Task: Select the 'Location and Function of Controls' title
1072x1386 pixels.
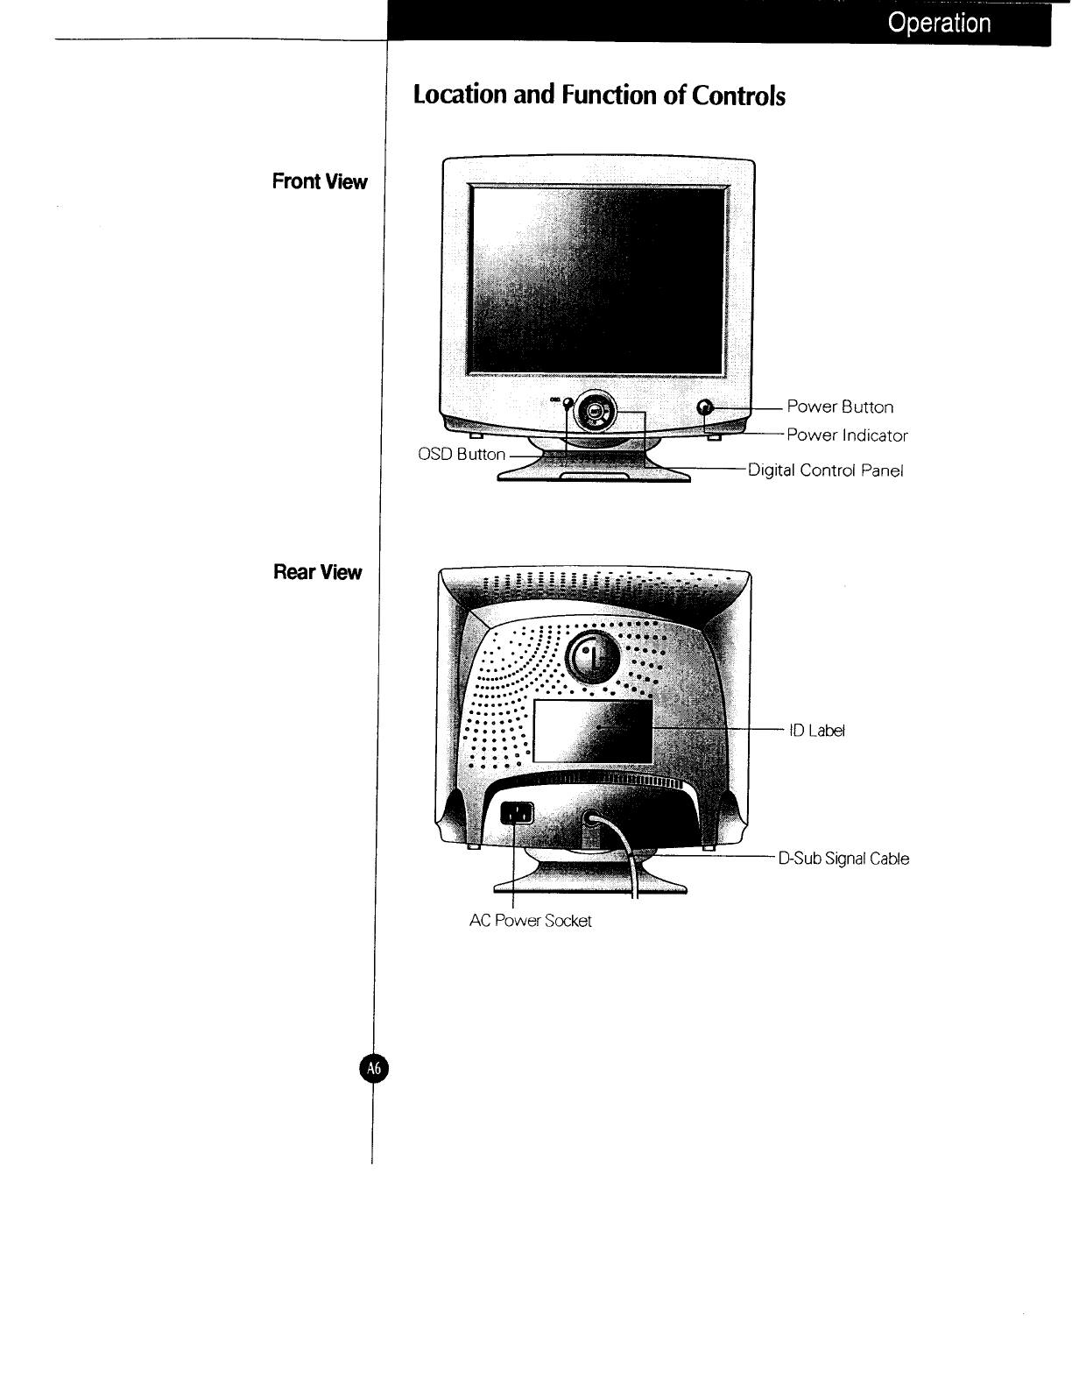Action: point(599,95)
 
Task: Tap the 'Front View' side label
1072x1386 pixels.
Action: point(320,182)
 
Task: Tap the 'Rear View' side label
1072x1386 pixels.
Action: point(317,573)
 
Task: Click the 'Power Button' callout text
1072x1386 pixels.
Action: point(840,407)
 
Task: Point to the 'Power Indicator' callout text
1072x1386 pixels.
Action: point(847,435)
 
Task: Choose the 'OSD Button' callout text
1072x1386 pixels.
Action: point(462,454)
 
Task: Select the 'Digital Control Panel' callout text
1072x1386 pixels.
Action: point(824,470)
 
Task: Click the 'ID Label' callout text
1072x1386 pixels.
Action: point(817,731)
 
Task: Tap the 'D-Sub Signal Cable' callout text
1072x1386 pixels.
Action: point(843,859)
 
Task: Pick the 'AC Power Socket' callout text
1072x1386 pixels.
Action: point(530,921)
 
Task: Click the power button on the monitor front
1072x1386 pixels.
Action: point(708,407)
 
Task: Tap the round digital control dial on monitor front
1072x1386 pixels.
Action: point(595,409)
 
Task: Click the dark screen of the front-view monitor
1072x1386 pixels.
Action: point(597,280)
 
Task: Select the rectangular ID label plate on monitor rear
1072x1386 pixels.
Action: point(593,731)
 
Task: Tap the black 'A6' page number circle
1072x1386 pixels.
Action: point(374,1068)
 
